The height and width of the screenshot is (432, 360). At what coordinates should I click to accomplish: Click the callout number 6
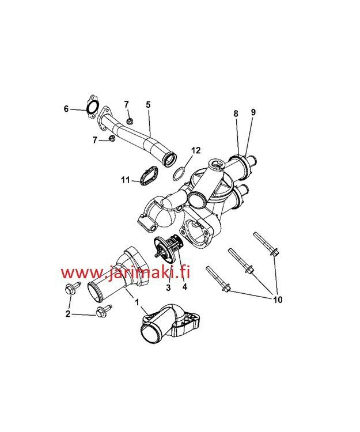pos(66,109)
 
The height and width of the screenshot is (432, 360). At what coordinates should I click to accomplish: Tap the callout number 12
pos(196,150)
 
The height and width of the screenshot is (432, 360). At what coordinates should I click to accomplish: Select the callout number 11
pos(126,180)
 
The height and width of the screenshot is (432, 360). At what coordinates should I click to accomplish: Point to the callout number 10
pos(278,300)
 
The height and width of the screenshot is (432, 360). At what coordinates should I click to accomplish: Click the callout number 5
pos(148,105)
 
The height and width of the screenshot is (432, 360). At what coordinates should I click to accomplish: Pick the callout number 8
pos(236,113)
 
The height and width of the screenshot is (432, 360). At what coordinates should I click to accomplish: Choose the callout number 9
pos(253,112)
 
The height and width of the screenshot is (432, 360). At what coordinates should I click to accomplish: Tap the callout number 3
pos(168,288)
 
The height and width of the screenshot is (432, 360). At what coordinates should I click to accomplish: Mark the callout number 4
pos(184,287)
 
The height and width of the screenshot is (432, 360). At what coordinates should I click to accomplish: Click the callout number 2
pos(68,314)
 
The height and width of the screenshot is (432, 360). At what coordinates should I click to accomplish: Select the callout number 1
pos(137,302)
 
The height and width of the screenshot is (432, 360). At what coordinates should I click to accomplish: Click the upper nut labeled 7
pos(130,121)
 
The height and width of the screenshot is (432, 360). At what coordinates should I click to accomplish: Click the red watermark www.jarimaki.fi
pos(126,272)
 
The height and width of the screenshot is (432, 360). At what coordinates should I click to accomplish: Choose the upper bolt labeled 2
pos(71,288)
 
